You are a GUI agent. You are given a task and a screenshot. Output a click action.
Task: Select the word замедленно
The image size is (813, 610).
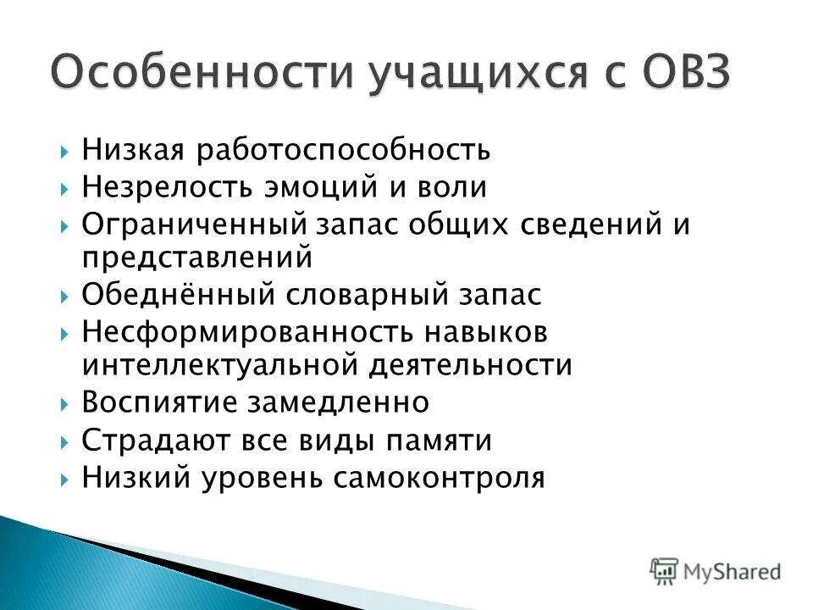click(338, 402)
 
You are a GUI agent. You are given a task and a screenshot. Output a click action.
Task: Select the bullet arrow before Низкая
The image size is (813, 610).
click(66, 152)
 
